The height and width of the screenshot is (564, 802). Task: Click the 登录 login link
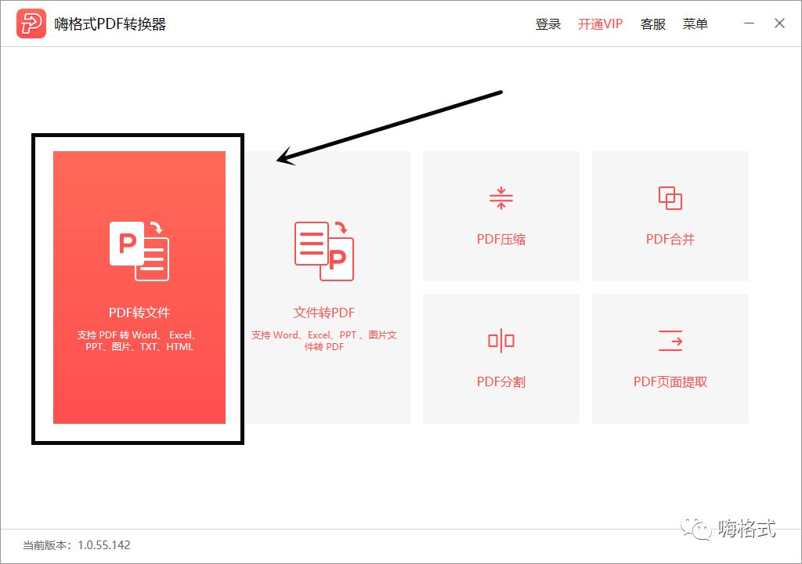(548, 24)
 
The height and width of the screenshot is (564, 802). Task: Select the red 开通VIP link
(600, 24)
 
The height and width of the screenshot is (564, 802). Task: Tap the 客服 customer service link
(653, 24)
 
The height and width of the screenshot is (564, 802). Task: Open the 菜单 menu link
(695, 24)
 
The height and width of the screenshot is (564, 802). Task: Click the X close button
(779, 23)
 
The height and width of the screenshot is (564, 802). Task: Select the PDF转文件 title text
(139, 313)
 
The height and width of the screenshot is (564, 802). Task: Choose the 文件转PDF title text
(324, 313)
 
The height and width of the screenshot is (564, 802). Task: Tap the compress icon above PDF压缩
(501, 198)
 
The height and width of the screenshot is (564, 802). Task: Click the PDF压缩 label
(501, 240)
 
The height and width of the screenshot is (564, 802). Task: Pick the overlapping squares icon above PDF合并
(670, 198)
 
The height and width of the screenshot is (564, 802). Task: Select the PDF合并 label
(670, 240)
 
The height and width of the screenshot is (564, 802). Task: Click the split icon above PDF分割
(501, 341)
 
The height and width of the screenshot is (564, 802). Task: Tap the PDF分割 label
(501, 382)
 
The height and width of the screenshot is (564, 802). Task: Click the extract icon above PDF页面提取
(670, 341)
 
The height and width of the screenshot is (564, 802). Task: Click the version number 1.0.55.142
(103, 545)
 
